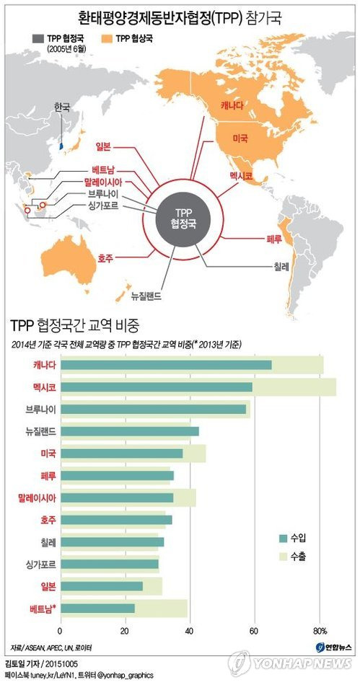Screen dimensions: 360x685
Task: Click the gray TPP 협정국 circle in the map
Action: pos(183,220)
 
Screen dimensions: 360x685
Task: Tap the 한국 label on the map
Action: pos(61,107)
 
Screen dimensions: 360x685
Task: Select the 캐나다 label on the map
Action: pos(232,105)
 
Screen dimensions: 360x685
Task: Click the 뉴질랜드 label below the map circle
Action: pos(146,296)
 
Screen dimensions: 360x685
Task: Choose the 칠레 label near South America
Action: pos(281,266)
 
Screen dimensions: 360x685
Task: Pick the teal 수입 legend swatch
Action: pos(283,538)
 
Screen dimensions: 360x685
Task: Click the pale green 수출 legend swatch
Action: pos(283,557)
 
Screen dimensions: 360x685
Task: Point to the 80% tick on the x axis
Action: pos(320,631)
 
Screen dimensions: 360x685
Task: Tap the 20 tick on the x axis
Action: pos(126,631)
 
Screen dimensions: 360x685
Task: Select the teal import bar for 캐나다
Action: pos(166,365)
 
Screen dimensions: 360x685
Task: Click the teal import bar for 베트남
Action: pos(98,608)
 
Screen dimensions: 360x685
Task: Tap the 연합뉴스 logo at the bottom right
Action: pos(334,647)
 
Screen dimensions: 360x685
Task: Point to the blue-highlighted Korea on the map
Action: pos(61,145)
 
